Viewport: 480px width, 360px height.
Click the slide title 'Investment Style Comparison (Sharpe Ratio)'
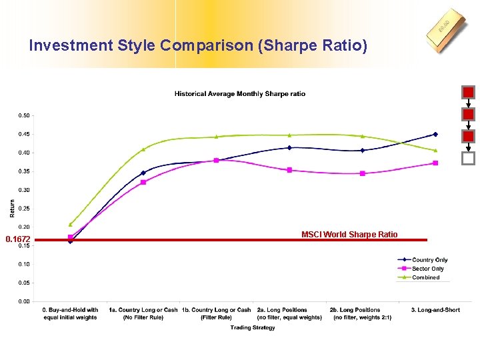(198, 46)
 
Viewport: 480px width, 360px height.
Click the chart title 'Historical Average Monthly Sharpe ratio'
(240, 94)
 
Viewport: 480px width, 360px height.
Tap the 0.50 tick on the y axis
(24, 115)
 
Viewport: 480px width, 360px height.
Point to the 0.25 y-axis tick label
(24, 209)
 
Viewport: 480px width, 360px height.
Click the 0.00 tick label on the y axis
(24, 301)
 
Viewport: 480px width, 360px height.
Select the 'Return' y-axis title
(12, 209)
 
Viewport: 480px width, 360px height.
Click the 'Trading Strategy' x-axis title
(253, 327)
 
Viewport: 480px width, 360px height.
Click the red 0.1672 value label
(17, 239)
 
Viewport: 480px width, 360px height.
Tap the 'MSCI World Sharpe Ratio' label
(349, 234)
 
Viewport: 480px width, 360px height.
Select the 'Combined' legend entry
(426, 277)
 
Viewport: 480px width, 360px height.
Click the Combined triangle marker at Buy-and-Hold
(70, 225)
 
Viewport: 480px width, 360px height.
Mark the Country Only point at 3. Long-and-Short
(435, 134)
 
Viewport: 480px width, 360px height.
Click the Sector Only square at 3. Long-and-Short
(435, 163)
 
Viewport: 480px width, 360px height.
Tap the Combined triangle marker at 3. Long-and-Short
(435, 151)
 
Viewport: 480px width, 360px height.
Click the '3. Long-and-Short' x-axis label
(435, 310)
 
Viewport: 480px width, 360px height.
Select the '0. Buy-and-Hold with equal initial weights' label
(70, 313)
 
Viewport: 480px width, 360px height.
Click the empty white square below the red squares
(469, 159)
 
